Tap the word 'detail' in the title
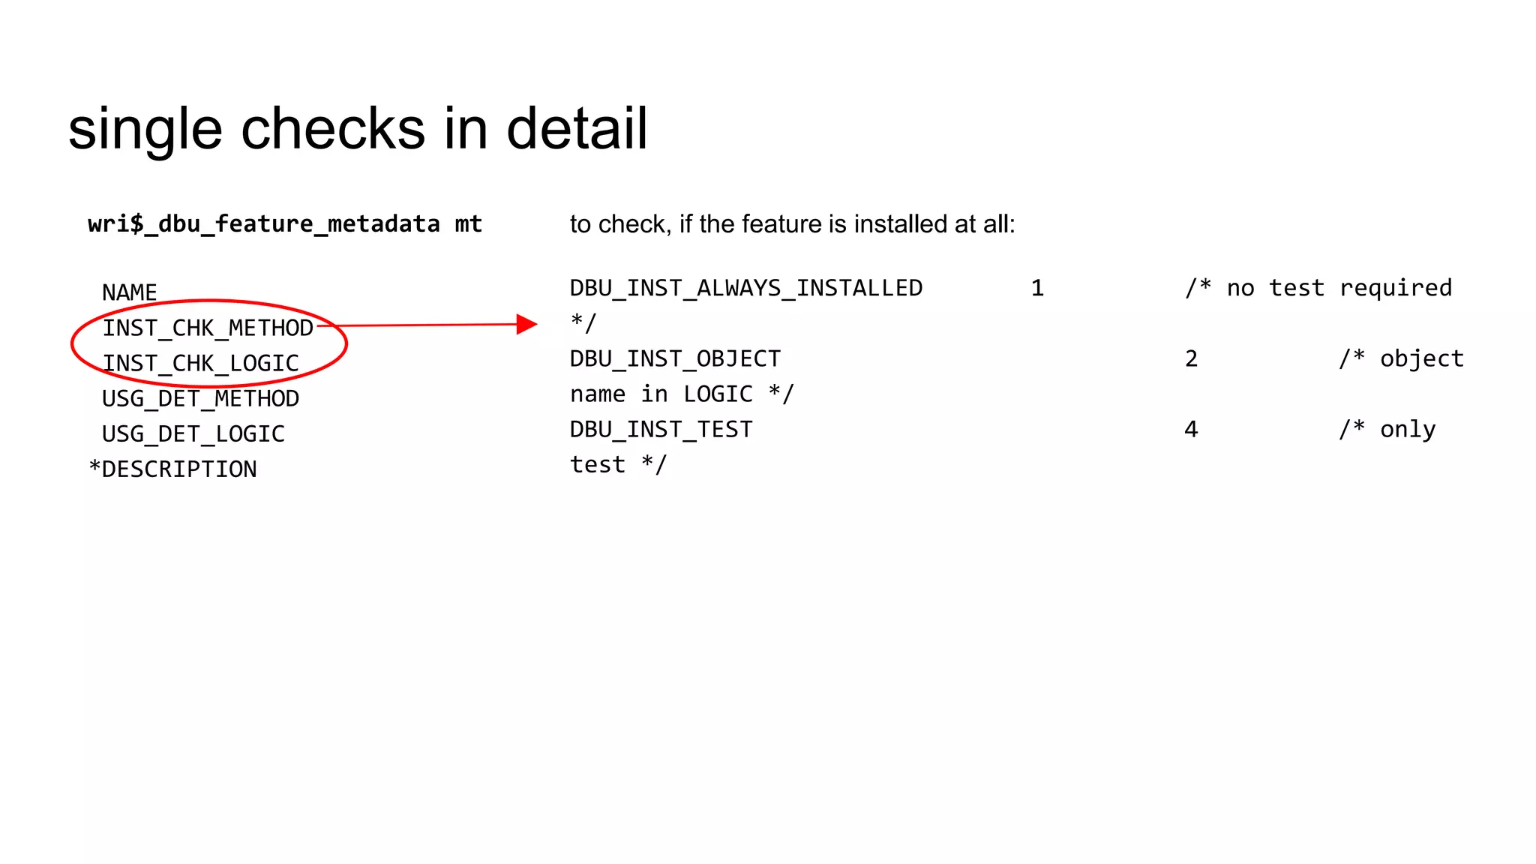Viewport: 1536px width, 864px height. pos(577,129)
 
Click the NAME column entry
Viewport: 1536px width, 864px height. pos(130,292)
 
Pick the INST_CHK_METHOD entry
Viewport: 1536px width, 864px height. pos(208,328)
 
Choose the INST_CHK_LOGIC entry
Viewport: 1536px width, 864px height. pos(201,363)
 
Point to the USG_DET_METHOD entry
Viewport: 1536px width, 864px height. pos(201,398)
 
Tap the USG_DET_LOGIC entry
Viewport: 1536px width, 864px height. pos(193,433)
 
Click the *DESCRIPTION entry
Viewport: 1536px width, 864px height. pos(172,469)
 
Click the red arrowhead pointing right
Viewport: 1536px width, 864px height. pos(527,324)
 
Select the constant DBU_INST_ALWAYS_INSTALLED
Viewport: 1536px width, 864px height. pos(746,288)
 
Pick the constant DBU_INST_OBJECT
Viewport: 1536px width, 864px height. pos(676,358)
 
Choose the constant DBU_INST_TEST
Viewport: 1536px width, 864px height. pos(661,429)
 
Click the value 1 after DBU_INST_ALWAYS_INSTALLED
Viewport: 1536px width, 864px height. pos(1037,288)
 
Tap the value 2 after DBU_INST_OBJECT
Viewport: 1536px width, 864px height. pos(1191,358)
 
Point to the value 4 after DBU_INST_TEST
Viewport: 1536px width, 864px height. pos(1191,429)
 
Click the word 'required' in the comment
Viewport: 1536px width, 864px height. pos(1396,288)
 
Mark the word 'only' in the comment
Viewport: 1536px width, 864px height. pos(1408,429)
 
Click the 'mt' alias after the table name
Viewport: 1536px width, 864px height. pos(469,224)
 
